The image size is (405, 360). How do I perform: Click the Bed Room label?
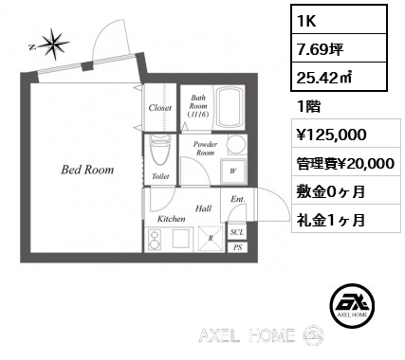click(87, 170)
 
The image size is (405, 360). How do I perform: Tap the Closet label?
click(160, 108)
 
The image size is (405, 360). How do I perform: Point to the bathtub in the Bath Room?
click(230, 108)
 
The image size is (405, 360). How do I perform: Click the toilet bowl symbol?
click(160, 151)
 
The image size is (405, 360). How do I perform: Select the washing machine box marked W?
click(233, 171)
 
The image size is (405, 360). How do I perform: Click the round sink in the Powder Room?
click(236, 145)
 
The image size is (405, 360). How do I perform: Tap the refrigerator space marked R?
click(211, 239)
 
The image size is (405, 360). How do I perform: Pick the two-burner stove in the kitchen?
click(155, 240)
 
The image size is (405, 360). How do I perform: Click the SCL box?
click(237, 232)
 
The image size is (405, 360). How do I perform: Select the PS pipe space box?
click(237, 247)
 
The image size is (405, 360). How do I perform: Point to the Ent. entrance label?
click(238, 199)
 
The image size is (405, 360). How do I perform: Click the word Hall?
click(203, 208)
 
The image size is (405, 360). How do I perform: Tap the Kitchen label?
click(172, 219)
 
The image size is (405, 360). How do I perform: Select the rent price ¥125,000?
click(331, 135)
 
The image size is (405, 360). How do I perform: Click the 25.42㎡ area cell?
click(339, 77)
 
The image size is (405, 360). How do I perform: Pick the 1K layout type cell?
click(339, 20)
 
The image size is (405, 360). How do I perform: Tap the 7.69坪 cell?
click(339, 48)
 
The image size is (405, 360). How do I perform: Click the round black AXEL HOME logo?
click(352, 305)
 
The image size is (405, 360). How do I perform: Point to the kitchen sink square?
click(181, 239)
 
